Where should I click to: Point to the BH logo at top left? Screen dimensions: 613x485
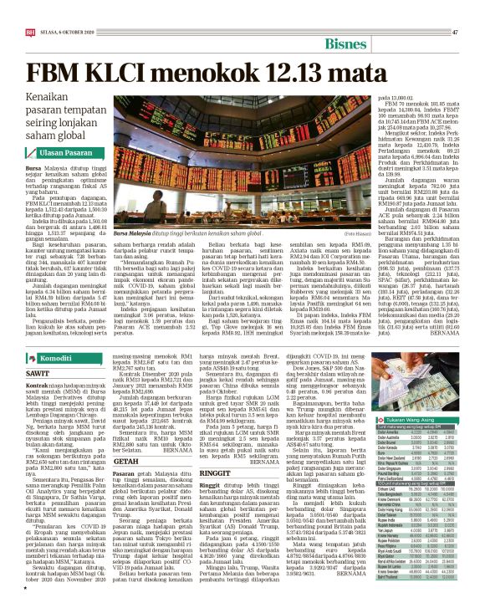point(30,32)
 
